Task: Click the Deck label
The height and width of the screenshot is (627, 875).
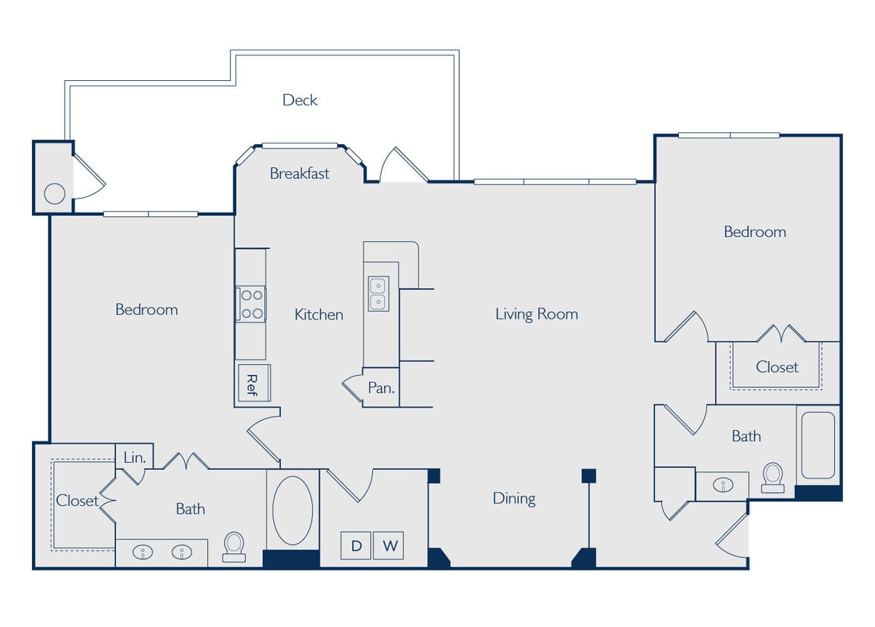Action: point(300,100)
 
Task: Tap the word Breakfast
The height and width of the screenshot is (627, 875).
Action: point(299,173)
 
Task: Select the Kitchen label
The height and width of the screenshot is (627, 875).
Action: point(319,314)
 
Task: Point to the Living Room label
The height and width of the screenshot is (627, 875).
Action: point(536,313)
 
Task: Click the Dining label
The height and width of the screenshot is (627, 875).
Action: point(514,498)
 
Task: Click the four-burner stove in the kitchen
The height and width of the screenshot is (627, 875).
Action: point(251,304)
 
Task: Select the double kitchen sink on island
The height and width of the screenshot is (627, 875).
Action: point(377,293)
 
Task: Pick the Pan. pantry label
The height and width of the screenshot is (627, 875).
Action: point(381,388)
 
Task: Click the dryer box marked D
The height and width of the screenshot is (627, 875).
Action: point(357,546)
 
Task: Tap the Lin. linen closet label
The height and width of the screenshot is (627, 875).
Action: point(134,457)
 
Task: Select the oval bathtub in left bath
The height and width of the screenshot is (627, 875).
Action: point(293,510)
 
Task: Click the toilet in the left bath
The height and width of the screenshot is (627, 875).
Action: point(235,545)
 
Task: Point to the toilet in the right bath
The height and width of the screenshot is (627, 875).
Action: point(772,475)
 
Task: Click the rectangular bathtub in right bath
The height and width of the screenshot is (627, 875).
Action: point(817,445)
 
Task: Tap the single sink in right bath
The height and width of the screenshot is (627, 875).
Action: point(721,485)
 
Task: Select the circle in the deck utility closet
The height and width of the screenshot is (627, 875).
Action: point(54,194)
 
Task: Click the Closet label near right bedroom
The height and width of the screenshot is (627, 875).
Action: point(777,367)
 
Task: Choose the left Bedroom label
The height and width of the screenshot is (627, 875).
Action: point(146,309)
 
